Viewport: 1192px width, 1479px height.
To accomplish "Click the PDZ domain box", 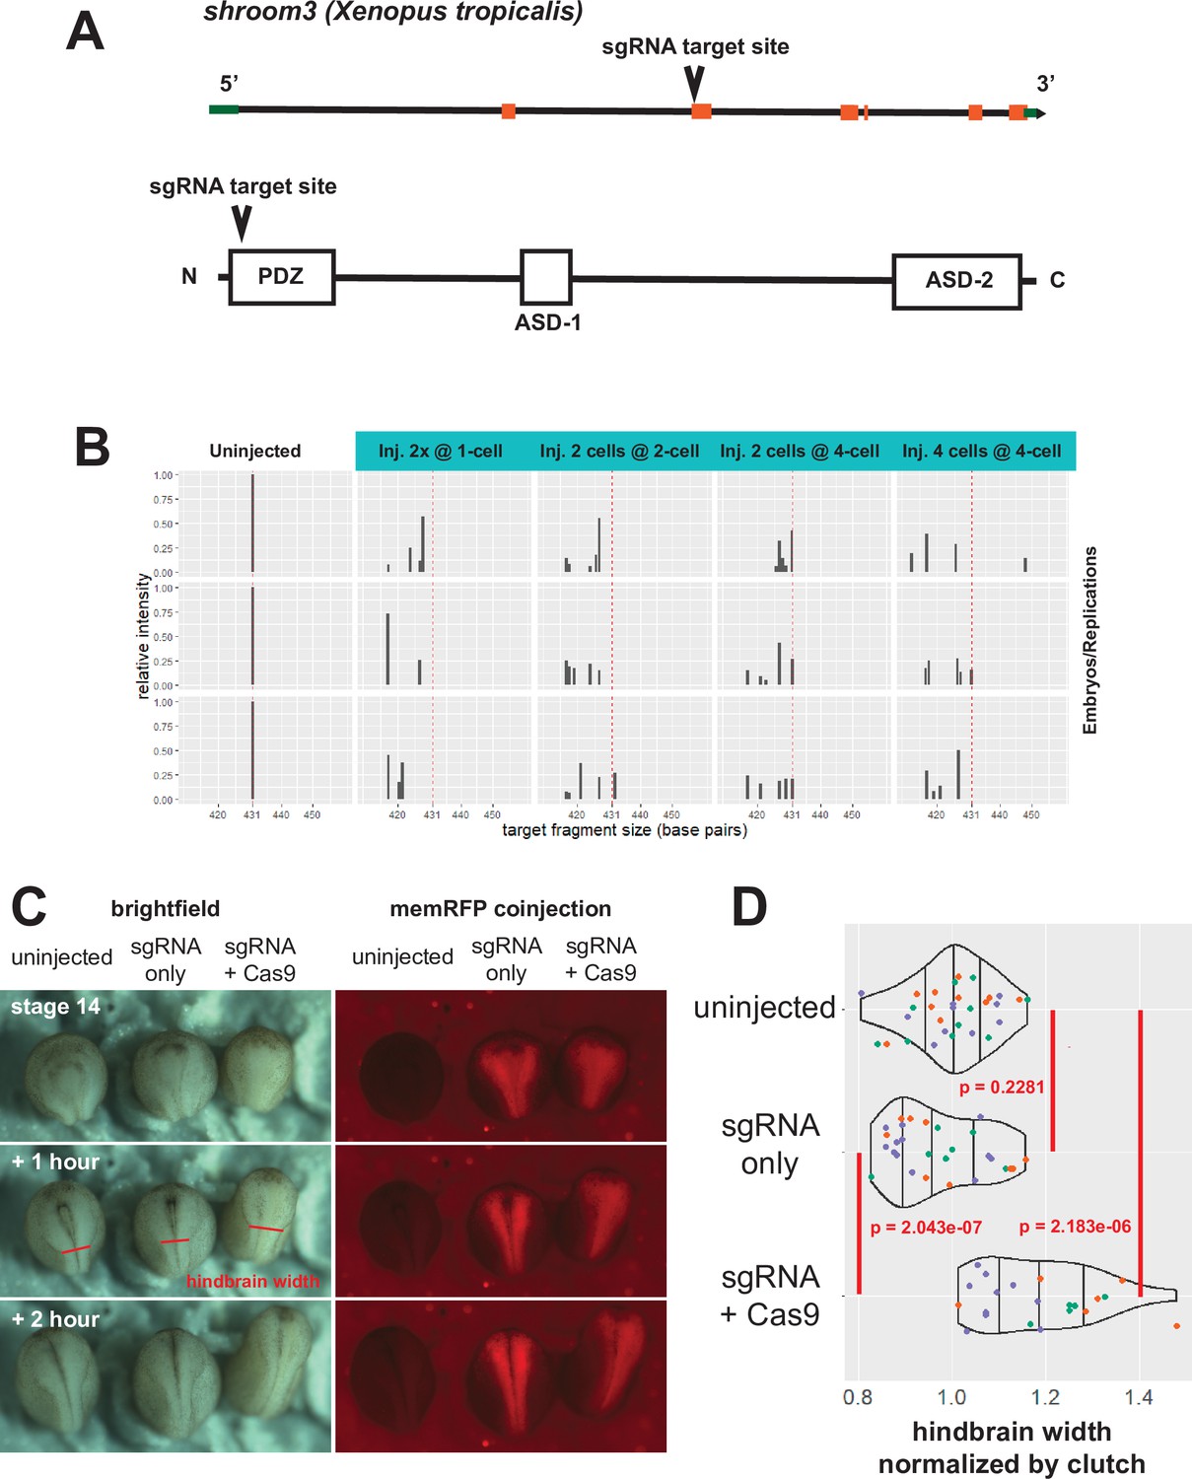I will tap(281, 277).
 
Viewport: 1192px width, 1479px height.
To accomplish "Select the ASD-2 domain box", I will tap(956, 281).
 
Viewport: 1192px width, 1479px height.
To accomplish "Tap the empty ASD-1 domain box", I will tap(545, 277).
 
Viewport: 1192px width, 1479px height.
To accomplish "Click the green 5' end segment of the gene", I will tap(224, 108).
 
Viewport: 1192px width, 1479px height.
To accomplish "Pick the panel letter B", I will tap(93, 447).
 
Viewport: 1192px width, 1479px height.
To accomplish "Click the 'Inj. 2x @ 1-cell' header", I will tap(440, 452).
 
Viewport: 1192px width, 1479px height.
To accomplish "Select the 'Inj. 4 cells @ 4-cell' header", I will tap(981, 452).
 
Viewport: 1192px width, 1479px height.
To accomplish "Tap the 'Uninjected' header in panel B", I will tap(254, 452).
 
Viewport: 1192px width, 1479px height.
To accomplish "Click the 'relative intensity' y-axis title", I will tap(144, 637).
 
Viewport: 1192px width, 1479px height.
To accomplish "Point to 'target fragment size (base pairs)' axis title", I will tap(624, 830).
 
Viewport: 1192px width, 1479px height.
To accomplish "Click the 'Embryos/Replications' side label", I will tap(1089, 640).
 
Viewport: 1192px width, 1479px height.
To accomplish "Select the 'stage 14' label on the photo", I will tap(55, 1007).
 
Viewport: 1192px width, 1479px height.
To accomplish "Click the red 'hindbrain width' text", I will tap(252, 1281).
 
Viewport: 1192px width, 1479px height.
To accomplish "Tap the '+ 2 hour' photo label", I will tap(55, 1319).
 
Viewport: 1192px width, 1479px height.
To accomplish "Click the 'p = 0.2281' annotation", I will tap(1001, 1087).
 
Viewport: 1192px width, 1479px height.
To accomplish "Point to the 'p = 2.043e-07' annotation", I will tap(926, 1228).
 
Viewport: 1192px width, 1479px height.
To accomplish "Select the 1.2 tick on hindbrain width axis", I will tap(1045, 1397).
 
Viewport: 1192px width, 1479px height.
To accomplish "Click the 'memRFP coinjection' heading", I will tap(500, 908).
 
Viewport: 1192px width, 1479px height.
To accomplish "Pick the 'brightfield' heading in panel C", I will tap(165, 908).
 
